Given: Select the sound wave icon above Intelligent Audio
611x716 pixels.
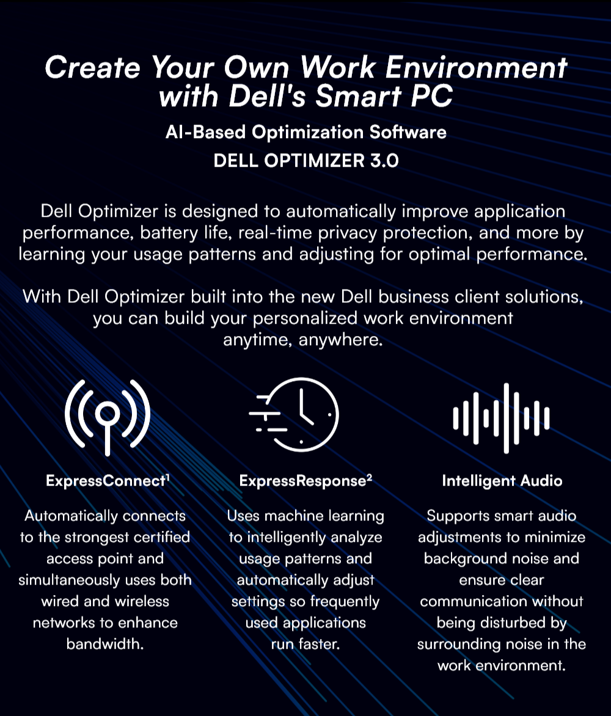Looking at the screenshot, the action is click(x=502, y=418).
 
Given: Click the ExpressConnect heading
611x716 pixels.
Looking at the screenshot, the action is click(x=106, y=481).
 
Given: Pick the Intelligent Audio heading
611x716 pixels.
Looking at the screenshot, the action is click(x=502, y=481).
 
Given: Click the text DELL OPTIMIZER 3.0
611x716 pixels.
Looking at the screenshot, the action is click(x=306, y=161).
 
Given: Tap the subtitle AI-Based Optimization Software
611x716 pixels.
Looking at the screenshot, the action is click(x=306, y=133).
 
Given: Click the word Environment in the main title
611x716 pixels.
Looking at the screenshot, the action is click(x=476, y=68).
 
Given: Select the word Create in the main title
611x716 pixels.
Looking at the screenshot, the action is click(x=93, y=68).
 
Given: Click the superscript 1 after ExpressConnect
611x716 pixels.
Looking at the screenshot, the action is click(x=167, y=477).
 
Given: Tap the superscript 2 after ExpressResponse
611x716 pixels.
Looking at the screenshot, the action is click(x=370, y=477).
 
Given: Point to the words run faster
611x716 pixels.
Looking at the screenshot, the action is click(x=305, y=645).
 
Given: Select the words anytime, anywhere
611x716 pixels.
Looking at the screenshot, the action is click(x=303, y=340).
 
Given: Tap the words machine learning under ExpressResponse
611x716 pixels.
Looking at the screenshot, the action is click(x=324, y=516).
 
